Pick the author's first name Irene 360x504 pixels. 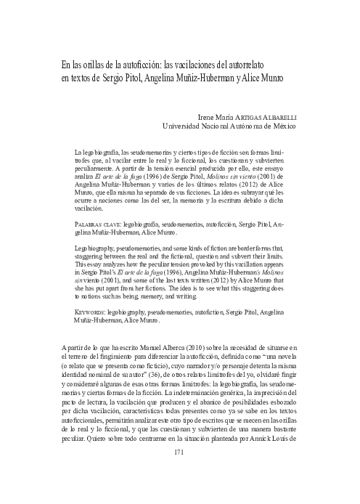(208, 116)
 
